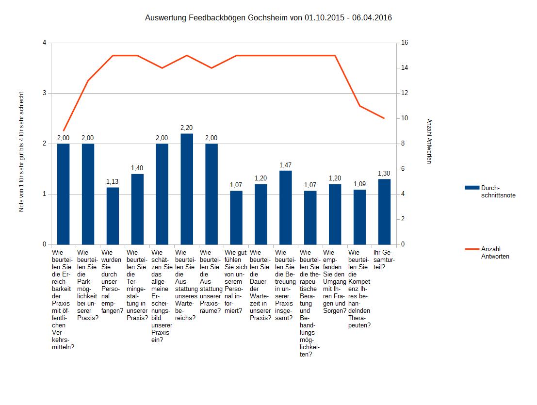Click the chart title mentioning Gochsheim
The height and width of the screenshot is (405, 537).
tap(268, 18)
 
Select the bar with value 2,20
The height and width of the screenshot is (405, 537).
tap(187, 189)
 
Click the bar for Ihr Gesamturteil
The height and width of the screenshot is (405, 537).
tap(384, 211)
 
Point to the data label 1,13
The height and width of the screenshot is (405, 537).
tap(113, 181)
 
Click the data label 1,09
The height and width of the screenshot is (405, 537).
tap(359, 184)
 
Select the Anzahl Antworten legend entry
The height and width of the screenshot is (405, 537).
tap(495, 252)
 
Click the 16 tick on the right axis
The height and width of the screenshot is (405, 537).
tap(405, 43)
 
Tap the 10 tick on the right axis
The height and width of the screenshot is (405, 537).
tap(405, 118)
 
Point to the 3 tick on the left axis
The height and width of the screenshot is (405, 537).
tap(45, 93)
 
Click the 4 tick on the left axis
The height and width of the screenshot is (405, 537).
tap(45, 43)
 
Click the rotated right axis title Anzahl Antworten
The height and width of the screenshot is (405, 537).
tap(429, 141)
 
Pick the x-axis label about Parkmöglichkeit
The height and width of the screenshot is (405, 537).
tap(87, 285)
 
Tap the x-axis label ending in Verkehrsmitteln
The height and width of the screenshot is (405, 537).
tap(63, 299)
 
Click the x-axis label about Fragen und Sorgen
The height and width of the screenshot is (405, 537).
tap(335, 282)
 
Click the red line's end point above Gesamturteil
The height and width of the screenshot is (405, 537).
tap(384, 118)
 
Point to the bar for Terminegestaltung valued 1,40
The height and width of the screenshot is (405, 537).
tap(137, 209)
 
